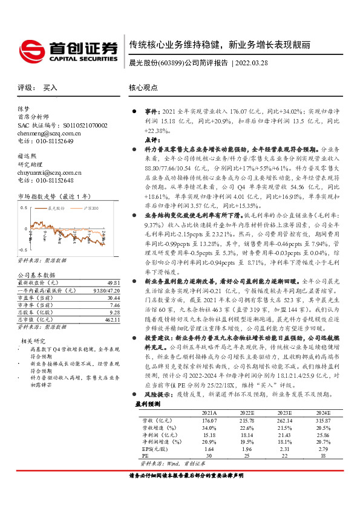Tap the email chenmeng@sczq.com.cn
pyautogui.click(x=44, y=133)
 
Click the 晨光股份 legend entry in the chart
pyautogui.click(x=57, y=207)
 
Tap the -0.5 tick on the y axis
pyautogui.click(x=22, y=249)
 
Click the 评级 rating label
pyautogui.click(x=25, y=88)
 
